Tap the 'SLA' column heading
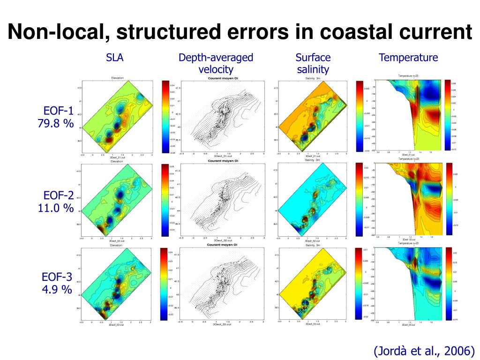pos(114,58)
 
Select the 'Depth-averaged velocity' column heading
pos(216,64)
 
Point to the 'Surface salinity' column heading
pos(313,64)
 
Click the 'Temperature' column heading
pos(408,58)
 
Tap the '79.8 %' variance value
pos(56,124)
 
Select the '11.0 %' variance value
pos(56,208)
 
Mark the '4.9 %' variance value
pos(57,289)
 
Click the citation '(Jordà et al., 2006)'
pos(424,350)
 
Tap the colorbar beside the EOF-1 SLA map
pos(165,117)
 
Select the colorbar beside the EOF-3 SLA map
pos(164,284)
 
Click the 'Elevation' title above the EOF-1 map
pos(117,78)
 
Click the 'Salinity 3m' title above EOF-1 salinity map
pos(313,78)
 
